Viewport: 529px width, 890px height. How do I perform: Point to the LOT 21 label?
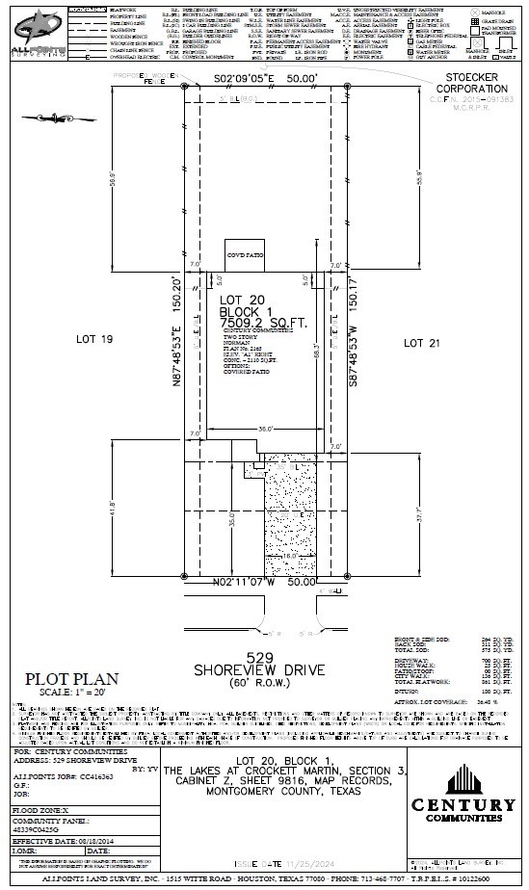(427, 342)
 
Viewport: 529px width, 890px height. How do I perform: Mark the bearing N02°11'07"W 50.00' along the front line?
(265, 583)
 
